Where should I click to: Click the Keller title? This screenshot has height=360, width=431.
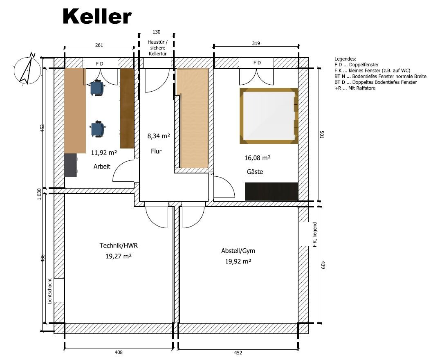pyautogui.click(x=97, y=16)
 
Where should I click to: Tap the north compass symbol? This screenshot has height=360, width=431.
pyautogui.click(x=25, y=69)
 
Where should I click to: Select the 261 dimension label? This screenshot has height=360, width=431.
pyautogui.click(x=99, y=45)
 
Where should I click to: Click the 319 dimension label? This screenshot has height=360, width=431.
pyautogui.click(x=256, y=43)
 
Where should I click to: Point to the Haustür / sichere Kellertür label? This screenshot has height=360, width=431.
pyautogui.click(x=157, y=48)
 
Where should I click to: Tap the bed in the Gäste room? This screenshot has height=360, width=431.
pyautogui.click(x=269, y=116)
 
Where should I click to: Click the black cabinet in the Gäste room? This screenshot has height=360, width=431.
pyautogui.click(x=272, y=191)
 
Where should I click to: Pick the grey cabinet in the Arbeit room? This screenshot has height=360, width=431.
pyautogui.click(x=71, y=165)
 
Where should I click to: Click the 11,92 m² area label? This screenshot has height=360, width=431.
pyautogui.click(x=104, y=152)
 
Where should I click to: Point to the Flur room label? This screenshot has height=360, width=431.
pyautogui.click(x=156, y=151)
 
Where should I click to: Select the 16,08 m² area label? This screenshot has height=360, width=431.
pyautogui.click(x=258, y=157)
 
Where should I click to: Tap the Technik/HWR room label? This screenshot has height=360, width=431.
pyautogui.click(x=119, y=245)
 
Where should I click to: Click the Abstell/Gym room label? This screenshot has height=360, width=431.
pyautogui.click(x=238, y=250)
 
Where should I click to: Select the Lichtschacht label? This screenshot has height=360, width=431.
pyautogui.click(x=50, y=291)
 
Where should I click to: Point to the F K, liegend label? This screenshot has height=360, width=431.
pyautogui.click(x=315, y=234)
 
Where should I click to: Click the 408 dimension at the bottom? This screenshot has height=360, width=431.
pyautogui.click(x=119, y=352)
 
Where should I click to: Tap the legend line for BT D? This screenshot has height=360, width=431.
pyautogui.click(x=375, y=82)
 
